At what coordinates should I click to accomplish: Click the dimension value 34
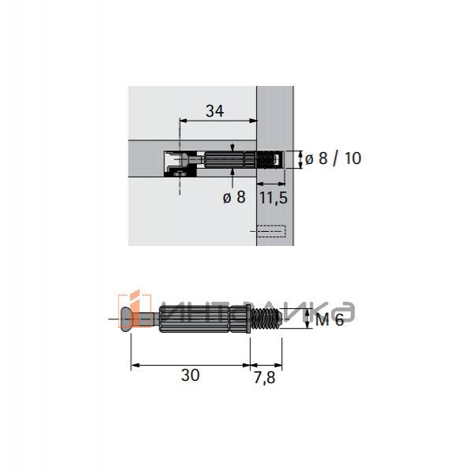click(x=214, y=110)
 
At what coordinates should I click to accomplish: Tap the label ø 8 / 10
click(x=333, y=158)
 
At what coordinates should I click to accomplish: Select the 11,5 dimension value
click(x=274, y=198)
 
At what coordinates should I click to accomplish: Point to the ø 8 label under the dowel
click(x=234, y=197)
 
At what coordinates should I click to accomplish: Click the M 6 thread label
click(x=330, y=320)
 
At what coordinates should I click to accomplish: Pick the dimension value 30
click(x=190, y=375)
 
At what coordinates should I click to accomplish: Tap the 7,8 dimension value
click(x=264, y=378)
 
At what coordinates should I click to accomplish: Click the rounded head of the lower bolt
click(x=126, y=319)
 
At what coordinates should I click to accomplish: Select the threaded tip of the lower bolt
click(x=266, y=319)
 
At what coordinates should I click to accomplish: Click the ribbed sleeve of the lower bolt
click(x=203, y=319)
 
